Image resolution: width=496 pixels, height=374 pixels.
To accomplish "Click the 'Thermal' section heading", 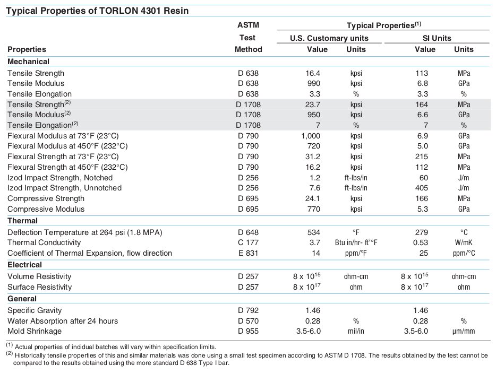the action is coord(22,221).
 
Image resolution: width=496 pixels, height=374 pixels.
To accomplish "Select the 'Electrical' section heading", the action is coord(24,265).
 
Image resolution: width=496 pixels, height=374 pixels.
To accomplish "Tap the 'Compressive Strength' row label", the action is coord(46,199).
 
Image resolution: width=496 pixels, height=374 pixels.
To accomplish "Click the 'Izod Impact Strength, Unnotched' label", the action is coord(65,188).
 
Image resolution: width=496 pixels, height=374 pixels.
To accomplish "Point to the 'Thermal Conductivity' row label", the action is coord(44,242).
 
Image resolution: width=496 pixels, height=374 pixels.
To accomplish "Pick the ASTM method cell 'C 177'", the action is coord(249,242).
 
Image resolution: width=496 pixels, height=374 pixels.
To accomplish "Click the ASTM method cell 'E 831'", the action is coord(249,253).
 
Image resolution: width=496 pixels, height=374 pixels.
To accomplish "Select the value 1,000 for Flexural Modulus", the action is coord(311,136).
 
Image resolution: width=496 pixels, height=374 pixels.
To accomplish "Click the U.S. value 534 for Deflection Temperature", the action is coord(314,232).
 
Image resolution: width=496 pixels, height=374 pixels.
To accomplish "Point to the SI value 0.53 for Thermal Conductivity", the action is coord(421,242).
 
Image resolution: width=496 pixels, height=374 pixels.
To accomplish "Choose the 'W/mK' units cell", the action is coord(464,242).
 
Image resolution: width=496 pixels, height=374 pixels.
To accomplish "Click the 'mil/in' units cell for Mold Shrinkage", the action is coord(356,332).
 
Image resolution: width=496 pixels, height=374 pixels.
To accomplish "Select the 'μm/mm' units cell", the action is coord(464,332).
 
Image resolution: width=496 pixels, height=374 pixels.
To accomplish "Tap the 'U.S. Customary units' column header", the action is coord(329,38).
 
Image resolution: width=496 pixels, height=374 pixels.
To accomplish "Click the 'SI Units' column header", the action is coord(437,38).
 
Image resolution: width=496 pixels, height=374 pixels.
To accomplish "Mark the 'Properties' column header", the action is coord(27,49).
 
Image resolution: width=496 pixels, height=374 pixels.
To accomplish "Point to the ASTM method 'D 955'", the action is coord(249,332).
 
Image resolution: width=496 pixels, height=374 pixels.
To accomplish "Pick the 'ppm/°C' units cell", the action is coord(464,253).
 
